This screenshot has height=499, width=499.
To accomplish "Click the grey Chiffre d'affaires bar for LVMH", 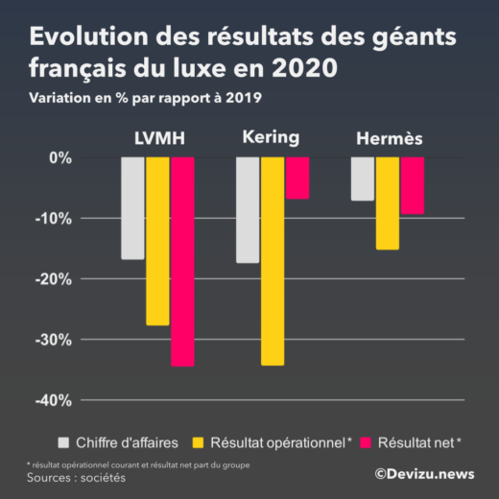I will [x=132, y=207].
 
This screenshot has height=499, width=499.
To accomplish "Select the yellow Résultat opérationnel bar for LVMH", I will [x=157, y=241].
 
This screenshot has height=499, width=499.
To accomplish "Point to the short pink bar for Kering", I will [x=297, y=178].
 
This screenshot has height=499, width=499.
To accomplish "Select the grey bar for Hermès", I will [x=363, y=178].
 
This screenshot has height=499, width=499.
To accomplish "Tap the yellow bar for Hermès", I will [x=388, y=202].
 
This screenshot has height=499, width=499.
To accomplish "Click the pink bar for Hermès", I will [x=413, y=185].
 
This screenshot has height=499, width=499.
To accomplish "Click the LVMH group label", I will [x=159, y=140].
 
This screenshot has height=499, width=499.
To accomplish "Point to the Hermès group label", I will [x=389, y=140].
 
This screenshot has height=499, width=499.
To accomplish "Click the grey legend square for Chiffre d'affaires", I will [x=64, y=441].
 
